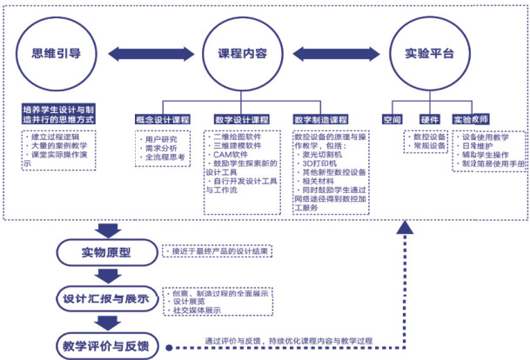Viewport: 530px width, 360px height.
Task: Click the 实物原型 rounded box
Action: pos(105,253)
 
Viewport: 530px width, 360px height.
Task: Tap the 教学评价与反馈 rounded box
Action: pos(105,343)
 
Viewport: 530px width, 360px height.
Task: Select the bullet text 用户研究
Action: pos(160,138)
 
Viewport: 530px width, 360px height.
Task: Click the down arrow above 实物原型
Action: pos(105,230)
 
